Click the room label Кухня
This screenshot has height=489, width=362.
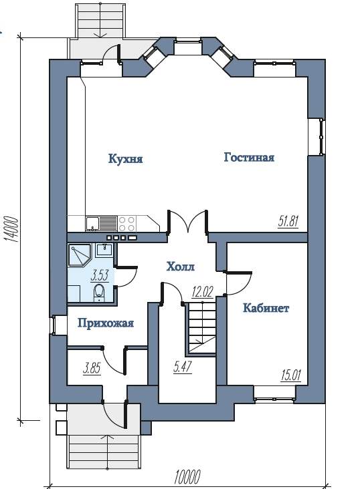tap(126, 159)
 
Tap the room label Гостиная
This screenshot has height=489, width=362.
tap(249, 157)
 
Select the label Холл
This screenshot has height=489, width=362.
tap(181, 267)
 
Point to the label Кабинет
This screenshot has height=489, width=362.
tap(266, 308)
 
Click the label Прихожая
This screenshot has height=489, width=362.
tap(106, 323)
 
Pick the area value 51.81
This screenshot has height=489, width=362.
tap(288, 222)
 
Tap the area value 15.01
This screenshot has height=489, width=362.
tap(291, 375)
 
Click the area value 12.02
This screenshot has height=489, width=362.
tap(202, 292)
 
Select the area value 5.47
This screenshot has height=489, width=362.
tap(183, 367)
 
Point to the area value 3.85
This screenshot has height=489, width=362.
tap(92, 369)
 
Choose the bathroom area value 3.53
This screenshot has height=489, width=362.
tap(100, 276)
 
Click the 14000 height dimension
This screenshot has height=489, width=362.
tap(11, 229)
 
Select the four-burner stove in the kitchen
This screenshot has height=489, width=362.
tap(127, 224)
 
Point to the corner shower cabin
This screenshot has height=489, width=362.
tap(80, 255)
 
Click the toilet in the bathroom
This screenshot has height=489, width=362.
tap(100, 293)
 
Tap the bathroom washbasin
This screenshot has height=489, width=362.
tap(104, 249)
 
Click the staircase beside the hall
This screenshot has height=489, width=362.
tap(201, 328)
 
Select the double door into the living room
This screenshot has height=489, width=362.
tap(187, 221)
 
